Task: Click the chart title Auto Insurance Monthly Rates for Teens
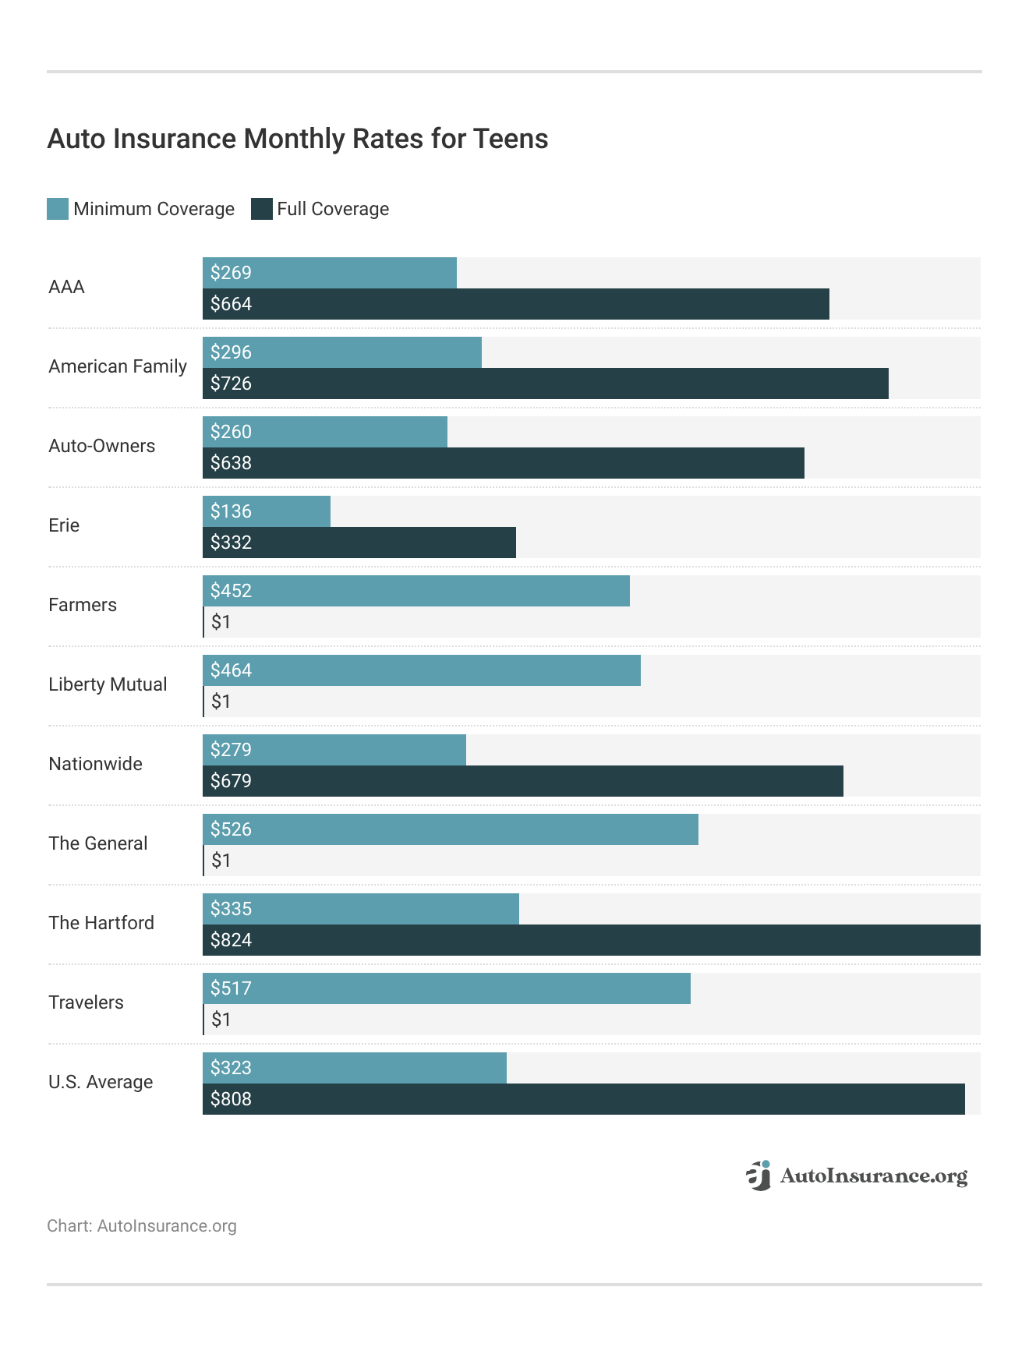[x=298, y=139]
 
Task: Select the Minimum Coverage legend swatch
[x=58, y=209]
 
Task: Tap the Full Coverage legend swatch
[x=261, y=209]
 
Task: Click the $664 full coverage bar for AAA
[x=515, y=304]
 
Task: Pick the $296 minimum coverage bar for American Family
[x=341, y=352]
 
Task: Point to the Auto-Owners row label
[x=102, y=446]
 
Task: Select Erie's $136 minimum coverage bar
[x=267, y=511]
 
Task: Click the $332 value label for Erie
[x=232, y=543]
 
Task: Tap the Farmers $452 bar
[x=415, y=591]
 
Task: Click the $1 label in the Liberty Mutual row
[x=221, y=702]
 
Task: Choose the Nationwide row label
[x=95, y=764]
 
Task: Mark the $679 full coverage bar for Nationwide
[x=522, y=781]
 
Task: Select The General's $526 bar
[x=450, y=829]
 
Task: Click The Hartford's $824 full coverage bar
[x=591, y=940]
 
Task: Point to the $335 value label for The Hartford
[x=232, y=909]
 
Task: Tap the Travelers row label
[x=86, y=1002]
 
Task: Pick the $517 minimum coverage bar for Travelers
[x=446, y=988]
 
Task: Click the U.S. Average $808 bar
[x=583, y=1099]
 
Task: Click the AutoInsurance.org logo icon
[x=758, y=1176]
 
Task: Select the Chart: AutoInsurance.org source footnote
[x=142, y=1226]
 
